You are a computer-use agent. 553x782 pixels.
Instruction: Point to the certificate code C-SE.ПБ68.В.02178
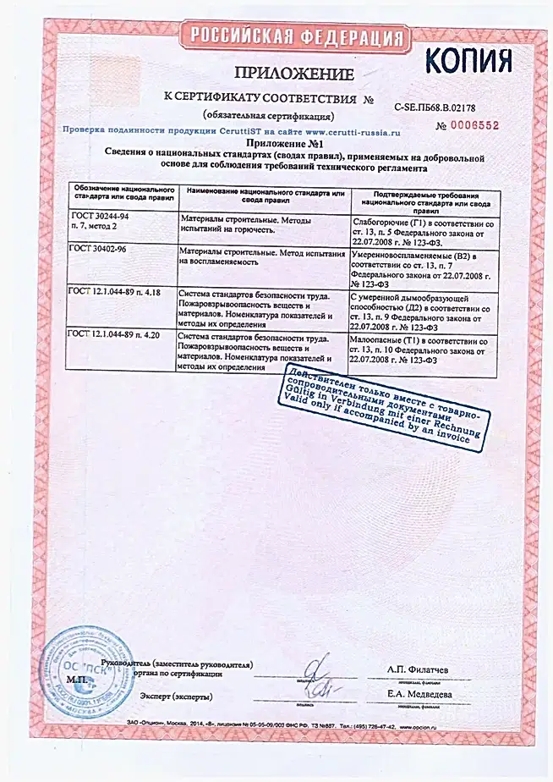coord(435,107)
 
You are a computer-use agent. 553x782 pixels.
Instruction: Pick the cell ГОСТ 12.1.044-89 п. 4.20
coord(119,336)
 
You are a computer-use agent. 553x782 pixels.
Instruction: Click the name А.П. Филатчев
coord(418,670)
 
